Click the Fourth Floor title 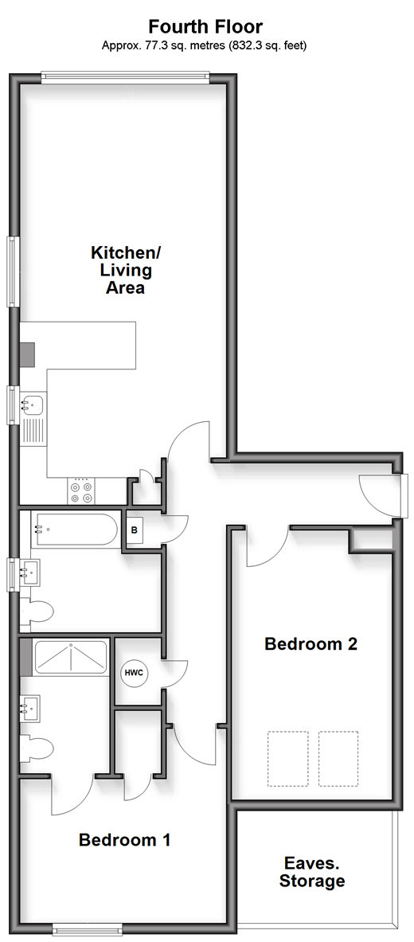tap(205, 26)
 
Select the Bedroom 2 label tap(311, 644)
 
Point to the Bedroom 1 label tap(124, 839)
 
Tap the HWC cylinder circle tap(134, 672)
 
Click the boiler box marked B tap(135, 530)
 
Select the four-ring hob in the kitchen tap(81, 492)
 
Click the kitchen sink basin tap(33, 405)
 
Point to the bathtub tap(75, 530)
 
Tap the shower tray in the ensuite tap(71, 657)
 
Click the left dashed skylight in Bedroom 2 tap(288, 758)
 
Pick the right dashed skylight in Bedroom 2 tap(338, 758)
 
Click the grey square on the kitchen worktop tap(27, 354)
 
